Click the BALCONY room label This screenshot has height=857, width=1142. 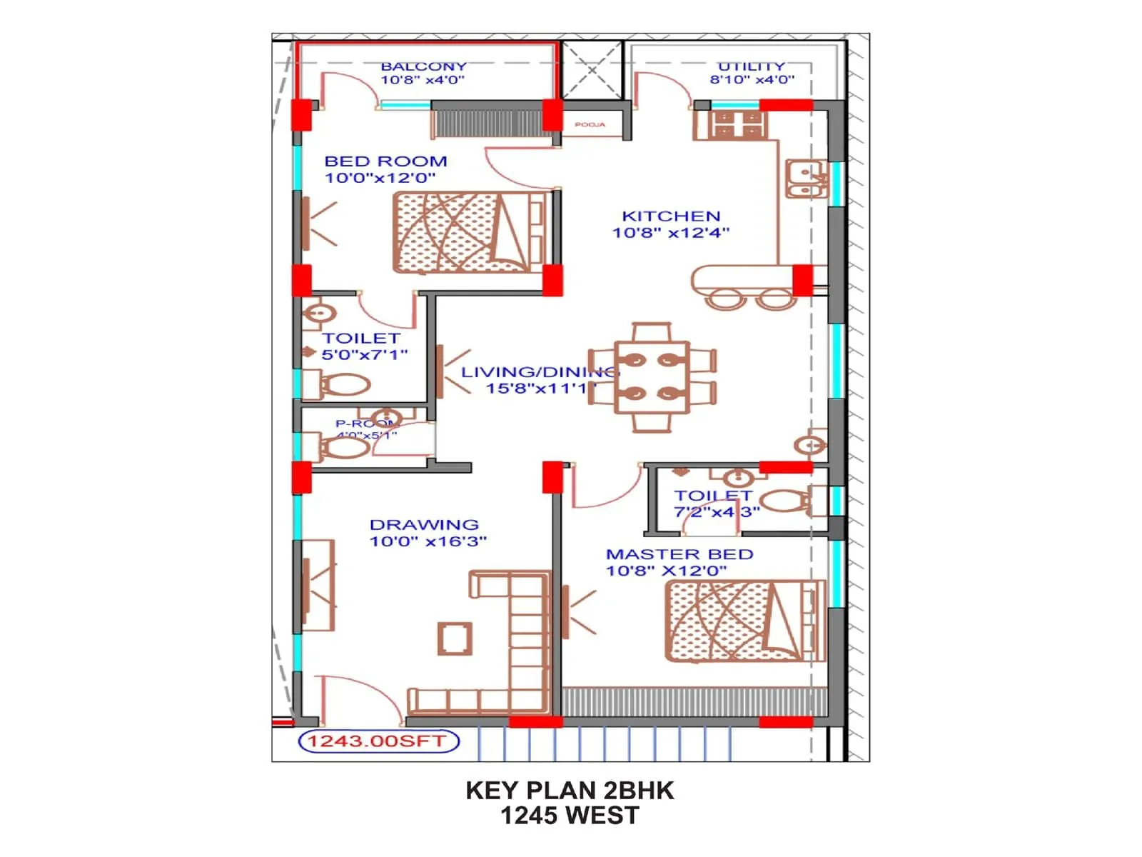(x=423, y=66)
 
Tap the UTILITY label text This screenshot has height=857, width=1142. (x=751, y=66)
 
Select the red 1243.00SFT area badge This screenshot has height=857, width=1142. (x=378, y=741)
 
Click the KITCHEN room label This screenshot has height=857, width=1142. (x=671, y=216)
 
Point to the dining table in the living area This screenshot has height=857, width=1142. (x=652, y=377)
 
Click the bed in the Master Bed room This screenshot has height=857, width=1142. (x=742, y=621)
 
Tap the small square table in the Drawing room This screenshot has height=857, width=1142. (x=455, y=638)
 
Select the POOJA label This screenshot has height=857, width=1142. (x=590, y=125)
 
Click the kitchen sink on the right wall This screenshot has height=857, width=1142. (x=807, y=179)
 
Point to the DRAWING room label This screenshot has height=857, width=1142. (x=424, y=525)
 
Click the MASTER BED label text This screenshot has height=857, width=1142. (x=679, y=554)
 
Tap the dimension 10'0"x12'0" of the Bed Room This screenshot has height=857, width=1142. (x=380, y=178)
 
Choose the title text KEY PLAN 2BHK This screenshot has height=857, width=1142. (x=570, y=791)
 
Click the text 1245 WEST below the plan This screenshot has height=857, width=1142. (x=570, y=816)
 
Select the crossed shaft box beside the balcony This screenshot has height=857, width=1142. (x=592, y=70)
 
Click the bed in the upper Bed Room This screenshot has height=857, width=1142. (x=470, y=232)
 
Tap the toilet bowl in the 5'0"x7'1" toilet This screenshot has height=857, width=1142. (x=345, y=386)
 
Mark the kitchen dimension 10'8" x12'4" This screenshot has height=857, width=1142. (x=671, y=232)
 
